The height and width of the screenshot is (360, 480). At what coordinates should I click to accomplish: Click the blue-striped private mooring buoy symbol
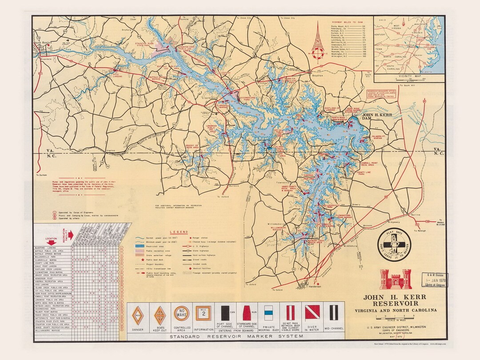(269, 313)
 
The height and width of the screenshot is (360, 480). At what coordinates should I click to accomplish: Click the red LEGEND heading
(178, 232)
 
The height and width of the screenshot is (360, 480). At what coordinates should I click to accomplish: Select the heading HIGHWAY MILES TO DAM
(349, 21)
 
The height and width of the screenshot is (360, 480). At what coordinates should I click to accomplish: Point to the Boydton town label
(317, 76)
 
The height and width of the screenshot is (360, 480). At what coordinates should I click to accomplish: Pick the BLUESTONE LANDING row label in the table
(46, 248)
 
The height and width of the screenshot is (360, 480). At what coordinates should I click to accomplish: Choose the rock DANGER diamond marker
(138, 316)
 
